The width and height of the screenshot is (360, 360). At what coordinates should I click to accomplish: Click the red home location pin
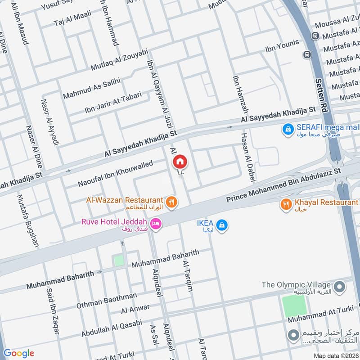point(180,161)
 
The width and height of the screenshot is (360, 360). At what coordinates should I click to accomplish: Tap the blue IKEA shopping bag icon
point(221,225)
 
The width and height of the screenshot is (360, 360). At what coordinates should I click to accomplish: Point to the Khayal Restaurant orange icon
point(286,205)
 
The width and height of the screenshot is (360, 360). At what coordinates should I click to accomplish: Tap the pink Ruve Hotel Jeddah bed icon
point(156,224)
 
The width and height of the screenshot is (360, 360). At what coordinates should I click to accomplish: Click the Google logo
point(18,353)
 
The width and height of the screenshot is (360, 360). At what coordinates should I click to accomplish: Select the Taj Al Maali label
point(72,19)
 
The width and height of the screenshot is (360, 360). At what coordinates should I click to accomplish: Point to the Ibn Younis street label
point(282,46)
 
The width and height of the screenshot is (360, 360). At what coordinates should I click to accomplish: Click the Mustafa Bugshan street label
point(28,220)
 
